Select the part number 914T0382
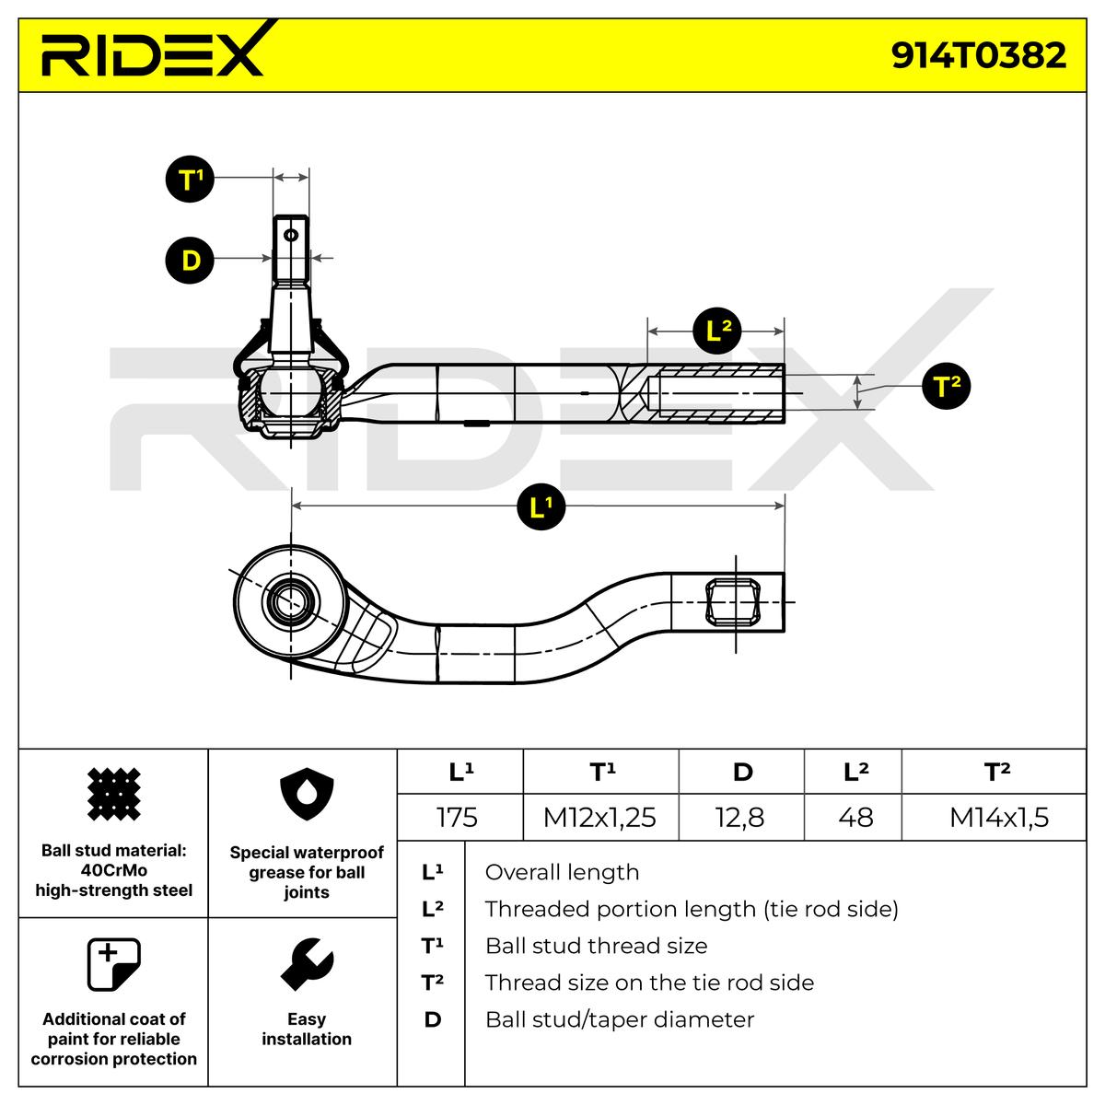point(978,56)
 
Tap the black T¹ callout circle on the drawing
point(190,179)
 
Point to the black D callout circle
point(190,260)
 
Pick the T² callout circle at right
point(946,386)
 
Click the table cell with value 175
point(458,817)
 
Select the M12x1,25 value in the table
point(599,817)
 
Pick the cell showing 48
point(855,817)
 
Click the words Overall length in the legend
point(562,872)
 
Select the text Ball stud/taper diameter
point(619,1019)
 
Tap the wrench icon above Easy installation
point(306,964)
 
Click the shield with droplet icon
point(306,797)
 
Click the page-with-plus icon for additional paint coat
point(112,964)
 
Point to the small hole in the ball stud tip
point(291,235)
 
